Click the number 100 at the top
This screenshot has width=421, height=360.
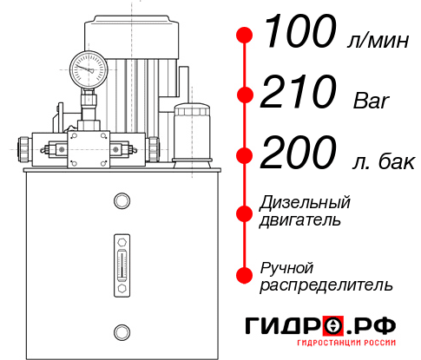click(x=299, y=34)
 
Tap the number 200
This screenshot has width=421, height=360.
click(x=299, y=154)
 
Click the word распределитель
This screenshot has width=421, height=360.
click(x=326, y=284)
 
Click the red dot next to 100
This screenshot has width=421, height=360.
click(x=246, y=36)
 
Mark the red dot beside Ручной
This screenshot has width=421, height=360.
click(x=246, y=274)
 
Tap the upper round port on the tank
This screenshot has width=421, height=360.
click(x=122, y=202)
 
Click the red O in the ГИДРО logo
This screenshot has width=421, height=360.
click(x=333, y=326)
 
